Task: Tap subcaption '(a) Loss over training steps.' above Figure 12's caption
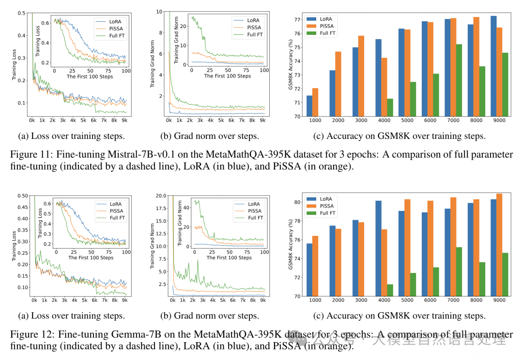(x=71, y=316)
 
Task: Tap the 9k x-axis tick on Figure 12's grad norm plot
(x=263, y=300)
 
